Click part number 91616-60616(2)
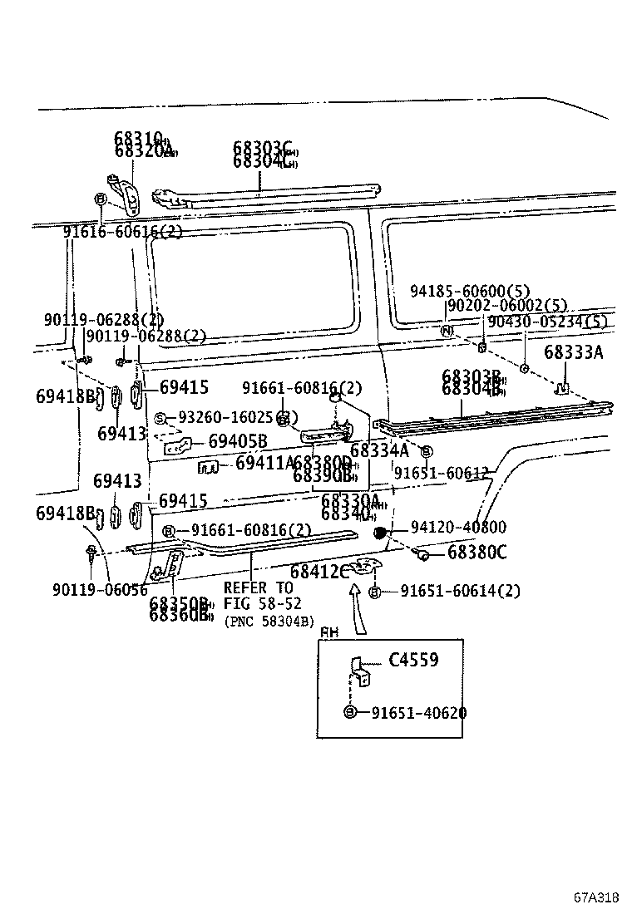click(122, 232)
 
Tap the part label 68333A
click(574, 352)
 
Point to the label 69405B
click(237, 441)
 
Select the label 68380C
click(477, 552)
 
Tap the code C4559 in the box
click(413, 661)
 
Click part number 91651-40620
click(418, 713)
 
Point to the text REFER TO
click(258, 587)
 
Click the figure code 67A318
click(596, 897)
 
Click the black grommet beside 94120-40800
click(381, 532)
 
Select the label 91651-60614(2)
click(460, 591)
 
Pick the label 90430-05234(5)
click(547, 322)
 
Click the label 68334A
click(379, 450)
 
